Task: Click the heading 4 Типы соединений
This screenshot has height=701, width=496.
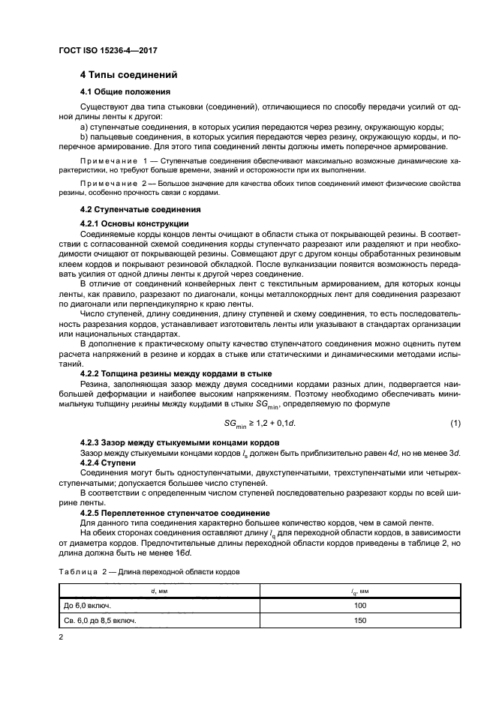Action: pyautogui.click(x=128, y=76)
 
